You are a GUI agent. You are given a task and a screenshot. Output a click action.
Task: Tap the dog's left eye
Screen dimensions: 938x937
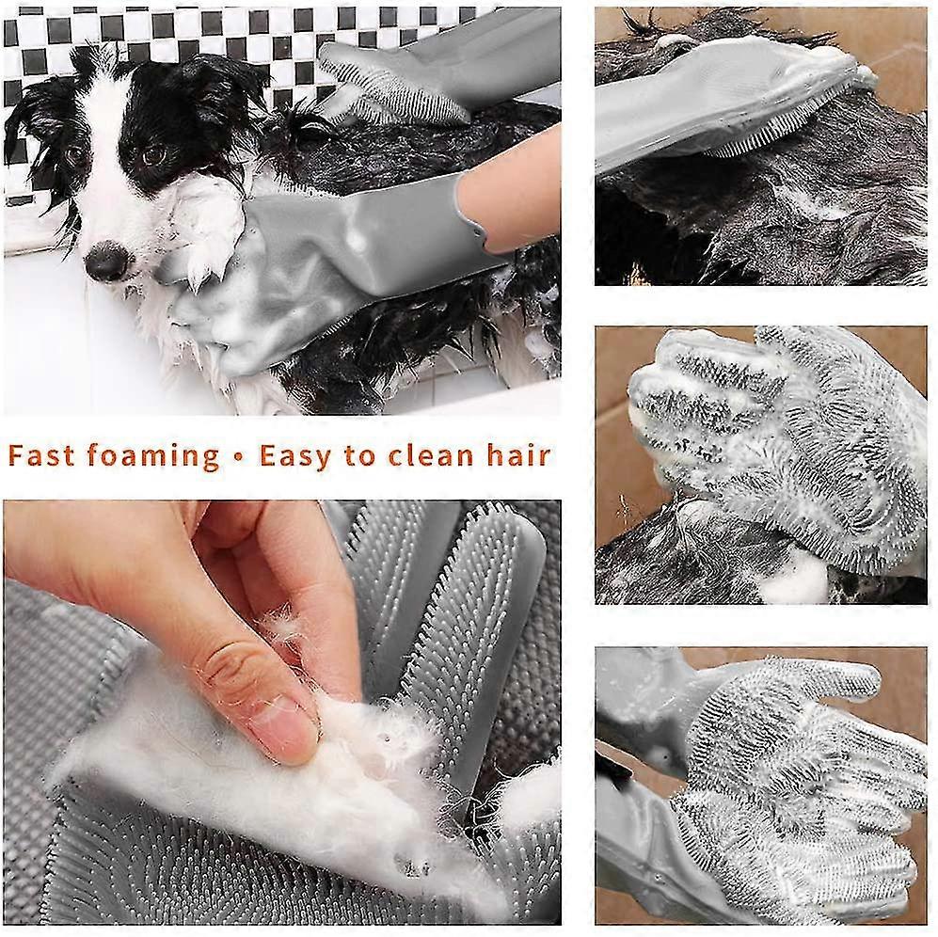tap(154, 155)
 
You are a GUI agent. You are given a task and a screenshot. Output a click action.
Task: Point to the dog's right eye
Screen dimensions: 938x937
tap(76, 155)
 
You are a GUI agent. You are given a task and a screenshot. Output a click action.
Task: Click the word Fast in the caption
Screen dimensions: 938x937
tap(41, 456)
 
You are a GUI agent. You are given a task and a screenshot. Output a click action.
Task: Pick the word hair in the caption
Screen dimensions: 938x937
tap(518, 456)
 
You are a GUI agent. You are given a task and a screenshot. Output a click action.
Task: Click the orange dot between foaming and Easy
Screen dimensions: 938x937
tap(239, 458)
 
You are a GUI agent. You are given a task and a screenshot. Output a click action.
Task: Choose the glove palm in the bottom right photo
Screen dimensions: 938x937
tap(796, 796)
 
